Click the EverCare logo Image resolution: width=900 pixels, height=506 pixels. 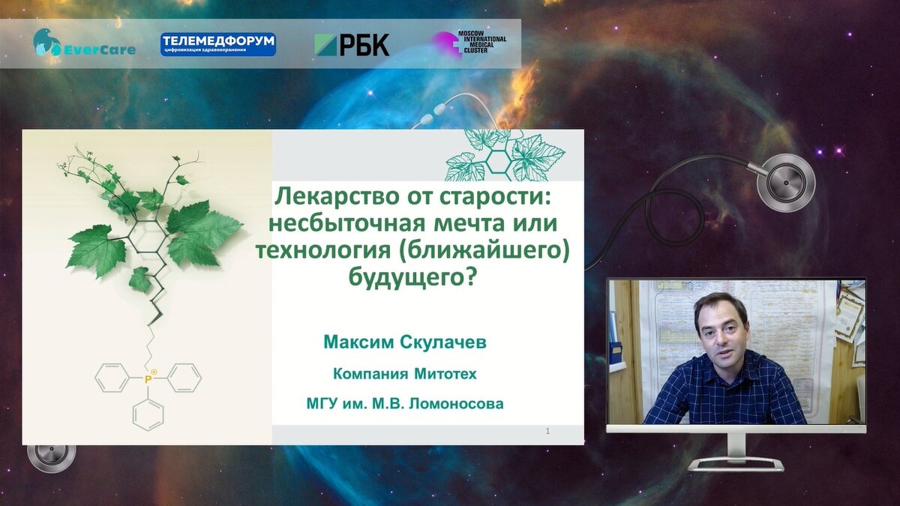(x=84, y=43)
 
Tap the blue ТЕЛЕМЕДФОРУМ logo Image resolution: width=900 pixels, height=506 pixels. (x=218, y=44)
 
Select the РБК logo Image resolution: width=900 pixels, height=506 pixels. (x=352, y=44)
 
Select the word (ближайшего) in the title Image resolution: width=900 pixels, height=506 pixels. (x=483, y=250)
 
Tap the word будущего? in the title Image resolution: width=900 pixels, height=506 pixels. (x=412, y=277)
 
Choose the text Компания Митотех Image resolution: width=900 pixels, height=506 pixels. (x=405, y=374)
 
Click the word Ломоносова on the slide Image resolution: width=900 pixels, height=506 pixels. (x=456, y=403)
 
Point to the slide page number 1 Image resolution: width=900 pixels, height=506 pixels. (x=547, y=431)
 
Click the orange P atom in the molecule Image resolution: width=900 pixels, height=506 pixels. (x=148, y=379)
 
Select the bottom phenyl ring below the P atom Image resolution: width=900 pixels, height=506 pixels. (x=148, y=413)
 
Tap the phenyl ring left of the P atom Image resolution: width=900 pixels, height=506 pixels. (x=112, y=378)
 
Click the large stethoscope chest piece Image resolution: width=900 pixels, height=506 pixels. (x=786, y=183)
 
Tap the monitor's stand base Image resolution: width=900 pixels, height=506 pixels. (x=735, y=465)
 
